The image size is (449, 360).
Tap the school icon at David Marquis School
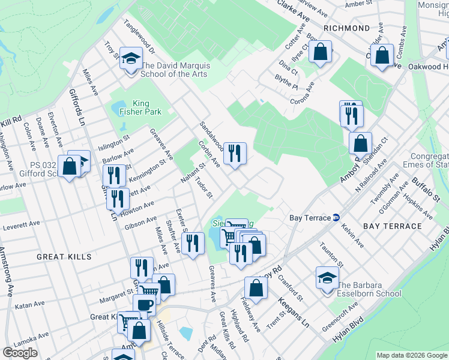coord(130,59)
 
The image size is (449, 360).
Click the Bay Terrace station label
coord(310,218)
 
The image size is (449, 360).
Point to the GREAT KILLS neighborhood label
coord(64,257)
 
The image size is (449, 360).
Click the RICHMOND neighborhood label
coord(346,28)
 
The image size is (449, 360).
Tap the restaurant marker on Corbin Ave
coord(235,153)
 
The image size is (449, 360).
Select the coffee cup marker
coord(144,304)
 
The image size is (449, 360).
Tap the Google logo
coord(20,353)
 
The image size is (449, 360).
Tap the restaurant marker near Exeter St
coord(192,243)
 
